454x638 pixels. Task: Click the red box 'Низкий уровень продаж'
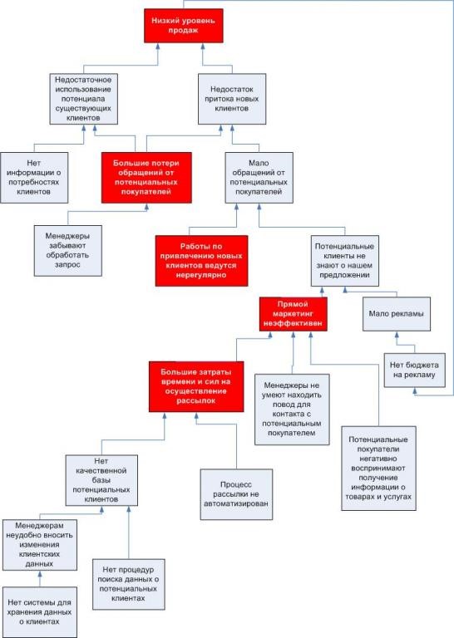183,26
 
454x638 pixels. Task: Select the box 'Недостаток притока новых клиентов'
232,99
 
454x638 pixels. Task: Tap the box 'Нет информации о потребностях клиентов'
34,178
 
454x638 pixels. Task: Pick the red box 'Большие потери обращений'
146,178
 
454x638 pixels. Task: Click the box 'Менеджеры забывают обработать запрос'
67,251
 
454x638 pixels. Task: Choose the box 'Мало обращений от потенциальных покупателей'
259,178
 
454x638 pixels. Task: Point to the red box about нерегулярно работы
201,261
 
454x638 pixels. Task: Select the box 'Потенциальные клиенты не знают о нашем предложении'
344,261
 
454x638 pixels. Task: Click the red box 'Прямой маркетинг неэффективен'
294,314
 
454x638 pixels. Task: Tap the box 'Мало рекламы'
396,314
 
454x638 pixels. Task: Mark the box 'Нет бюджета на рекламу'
415,371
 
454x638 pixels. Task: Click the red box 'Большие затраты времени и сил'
196,386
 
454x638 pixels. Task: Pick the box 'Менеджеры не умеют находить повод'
292,410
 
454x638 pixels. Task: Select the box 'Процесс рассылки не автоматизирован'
236,494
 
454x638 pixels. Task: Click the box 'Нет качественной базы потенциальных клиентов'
101,480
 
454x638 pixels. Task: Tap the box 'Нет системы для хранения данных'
39,612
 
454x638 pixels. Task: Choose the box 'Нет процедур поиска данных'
128,584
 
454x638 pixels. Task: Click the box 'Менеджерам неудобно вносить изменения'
39,544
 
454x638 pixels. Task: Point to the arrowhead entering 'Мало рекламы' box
397,335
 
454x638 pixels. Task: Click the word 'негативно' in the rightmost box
378,459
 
